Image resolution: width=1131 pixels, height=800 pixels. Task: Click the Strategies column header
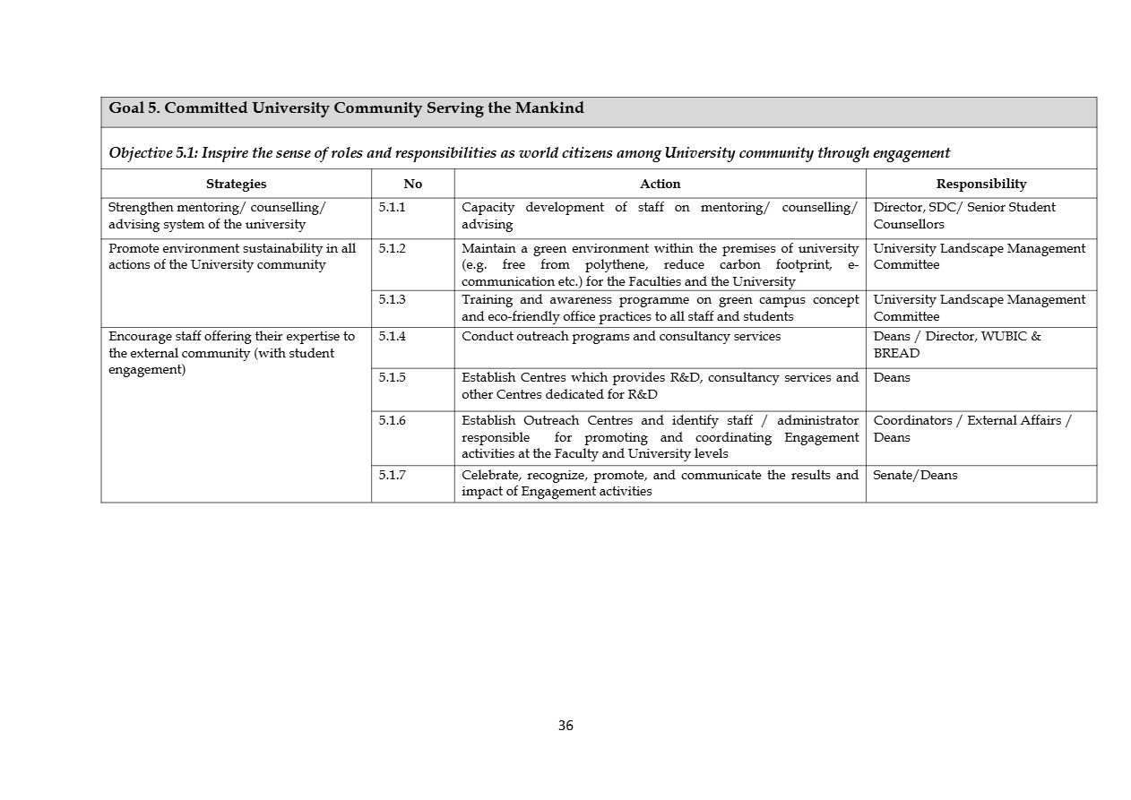click(x=236, y=184)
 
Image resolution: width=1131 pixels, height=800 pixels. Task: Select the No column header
click(x=412, y=184)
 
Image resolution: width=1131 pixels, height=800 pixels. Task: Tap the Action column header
click(x=660, y=184)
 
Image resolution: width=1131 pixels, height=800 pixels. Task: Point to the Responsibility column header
click(x=980, y=184)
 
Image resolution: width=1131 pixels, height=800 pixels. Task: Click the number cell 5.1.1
click(x=392, y=207)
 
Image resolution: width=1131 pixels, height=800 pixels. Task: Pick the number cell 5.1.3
click(x=392, y=299)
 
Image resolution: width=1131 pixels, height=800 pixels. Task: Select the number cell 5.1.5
click(x=392, y=377)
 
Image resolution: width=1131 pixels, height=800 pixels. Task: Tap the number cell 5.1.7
click(x=392, y=475)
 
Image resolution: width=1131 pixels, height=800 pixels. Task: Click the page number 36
click(x=565, y=726)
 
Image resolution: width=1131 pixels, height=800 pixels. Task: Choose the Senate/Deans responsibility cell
click(x=915, y=475)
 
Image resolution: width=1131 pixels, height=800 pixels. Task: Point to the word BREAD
click(x=896, y=353)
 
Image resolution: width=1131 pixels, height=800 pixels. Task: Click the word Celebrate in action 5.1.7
click(x=491, y=475)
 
